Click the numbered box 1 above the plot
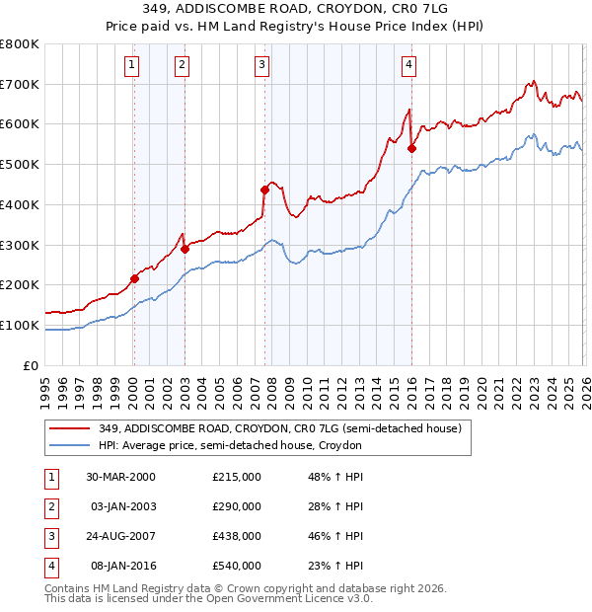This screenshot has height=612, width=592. coord(132,66)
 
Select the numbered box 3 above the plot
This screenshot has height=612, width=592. coord(262,66)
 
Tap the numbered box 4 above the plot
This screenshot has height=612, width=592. coord(408,66)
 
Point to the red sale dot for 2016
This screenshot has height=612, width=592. coord(411,149)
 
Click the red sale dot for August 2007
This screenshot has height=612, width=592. coord(264,190)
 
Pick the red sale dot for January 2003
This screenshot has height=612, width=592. coord(185,249)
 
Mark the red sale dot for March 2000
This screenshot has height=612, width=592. coord(135,278)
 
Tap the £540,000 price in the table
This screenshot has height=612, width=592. coord(236,566)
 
